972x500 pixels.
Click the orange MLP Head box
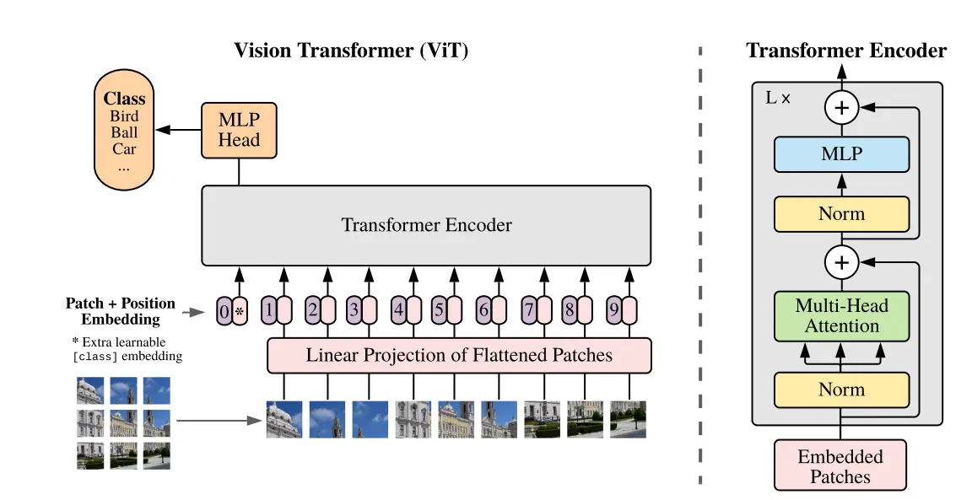239,130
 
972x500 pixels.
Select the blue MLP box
841,154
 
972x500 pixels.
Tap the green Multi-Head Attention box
841,316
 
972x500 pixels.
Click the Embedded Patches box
840,466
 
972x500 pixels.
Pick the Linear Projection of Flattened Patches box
459,356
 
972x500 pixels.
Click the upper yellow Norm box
841,214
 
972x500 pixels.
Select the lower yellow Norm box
841,390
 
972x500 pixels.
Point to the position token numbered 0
224,311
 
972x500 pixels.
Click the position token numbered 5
439,309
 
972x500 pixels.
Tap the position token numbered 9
614,309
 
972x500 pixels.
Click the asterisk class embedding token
240,311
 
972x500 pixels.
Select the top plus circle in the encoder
841,108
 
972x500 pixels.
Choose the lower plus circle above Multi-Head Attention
841,262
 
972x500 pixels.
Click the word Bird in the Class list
124,116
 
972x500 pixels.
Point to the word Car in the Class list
124,148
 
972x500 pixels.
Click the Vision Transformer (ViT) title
351,51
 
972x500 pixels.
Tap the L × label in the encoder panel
778,98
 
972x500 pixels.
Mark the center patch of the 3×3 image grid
123,422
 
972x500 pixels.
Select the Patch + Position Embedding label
121,311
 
